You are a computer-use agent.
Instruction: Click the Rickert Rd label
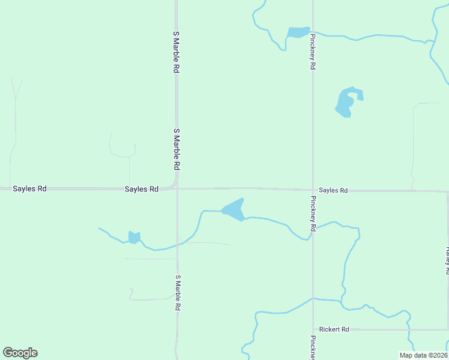pyautogui.click(x=334, y=329)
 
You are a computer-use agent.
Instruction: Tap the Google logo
pyautogui.click(x=20, y=353)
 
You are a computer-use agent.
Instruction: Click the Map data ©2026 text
pyautogui.click(x=423, y=355)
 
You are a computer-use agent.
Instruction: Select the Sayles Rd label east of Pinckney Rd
pyautogui.click(x=333, y=190)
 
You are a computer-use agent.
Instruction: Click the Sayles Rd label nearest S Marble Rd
pyautogui.click(x=142, y=189)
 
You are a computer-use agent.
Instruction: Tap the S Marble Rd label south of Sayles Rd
pyautogui.click(x=178, y=292)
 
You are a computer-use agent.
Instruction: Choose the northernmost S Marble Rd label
pyautogui.click(x=176, y=52)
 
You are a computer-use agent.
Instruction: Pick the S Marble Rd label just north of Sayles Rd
pyautogui.click(x=176, y=148)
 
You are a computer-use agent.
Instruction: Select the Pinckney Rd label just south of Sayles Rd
pyautogui.click(x=313, y=214)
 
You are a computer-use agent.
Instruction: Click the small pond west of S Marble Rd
pyautogui.click(x=134, y=238)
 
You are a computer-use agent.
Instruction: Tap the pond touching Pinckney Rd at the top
pyautogui.click(x=297, y=32)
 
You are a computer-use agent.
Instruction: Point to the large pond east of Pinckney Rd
pyautogui.click(x=346, y=102)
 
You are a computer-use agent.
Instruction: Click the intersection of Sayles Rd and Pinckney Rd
pyautogui.click(x=313, y=190)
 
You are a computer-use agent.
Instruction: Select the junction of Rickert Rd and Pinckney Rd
pyautogui.click(x=313, y=329)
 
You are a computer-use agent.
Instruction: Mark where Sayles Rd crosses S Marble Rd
pyautogui.click(x=177, y=188)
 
